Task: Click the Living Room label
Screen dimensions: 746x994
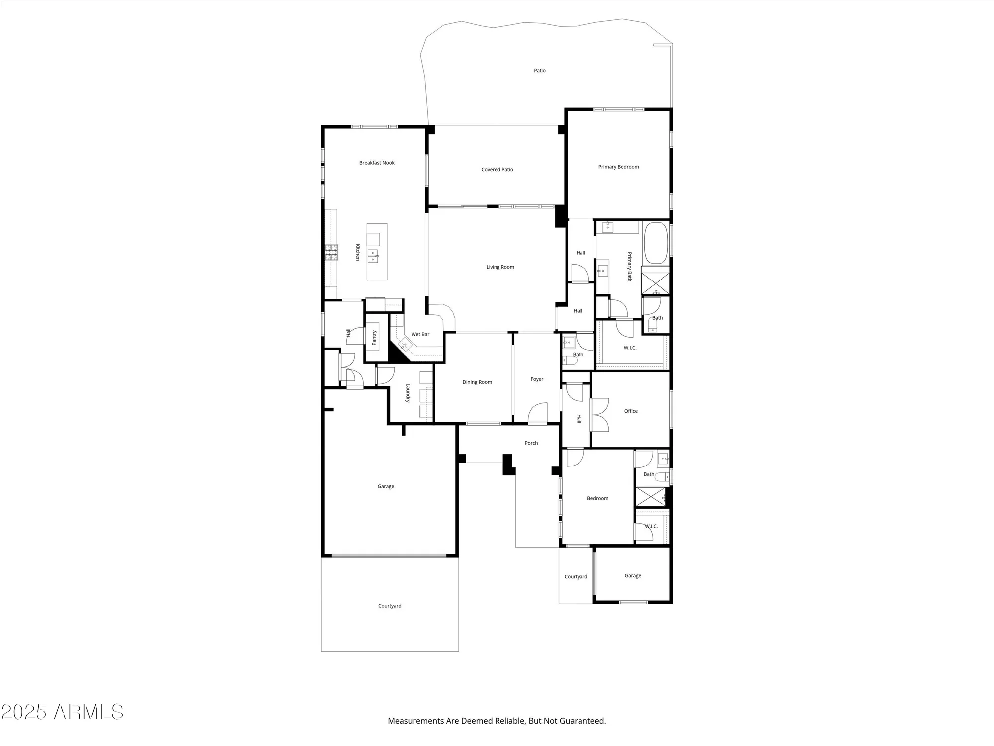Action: (500, 267)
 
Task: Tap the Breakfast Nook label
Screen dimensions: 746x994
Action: (377, 163)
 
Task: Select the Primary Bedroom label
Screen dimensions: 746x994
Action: (618, 167)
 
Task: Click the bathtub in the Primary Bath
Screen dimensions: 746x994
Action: (656, 243)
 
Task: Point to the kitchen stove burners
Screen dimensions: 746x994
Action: (331, 253)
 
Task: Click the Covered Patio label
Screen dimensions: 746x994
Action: (497, 170)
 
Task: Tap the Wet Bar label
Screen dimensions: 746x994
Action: (420, 334)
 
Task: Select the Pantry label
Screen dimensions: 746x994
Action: (374, 338)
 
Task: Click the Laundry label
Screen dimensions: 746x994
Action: (408, 393)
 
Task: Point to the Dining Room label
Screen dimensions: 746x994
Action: (477, 382)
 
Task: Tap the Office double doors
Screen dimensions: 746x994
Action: (600, 414)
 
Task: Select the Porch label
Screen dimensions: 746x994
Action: (531, 443)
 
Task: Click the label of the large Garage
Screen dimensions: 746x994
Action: (386, 486)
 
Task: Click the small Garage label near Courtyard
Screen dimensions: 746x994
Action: (633, 576)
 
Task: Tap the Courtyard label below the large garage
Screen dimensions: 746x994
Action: (390, 606)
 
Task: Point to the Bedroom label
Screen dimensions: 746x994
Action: (597, 498)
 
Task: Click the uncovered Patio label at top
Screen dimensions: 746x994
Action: (540, 71)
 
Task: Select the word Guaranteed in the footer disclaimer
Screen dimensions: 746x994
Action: (582, 721)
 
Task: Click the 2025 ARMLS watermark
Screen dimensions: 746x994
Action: (62, 712)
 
